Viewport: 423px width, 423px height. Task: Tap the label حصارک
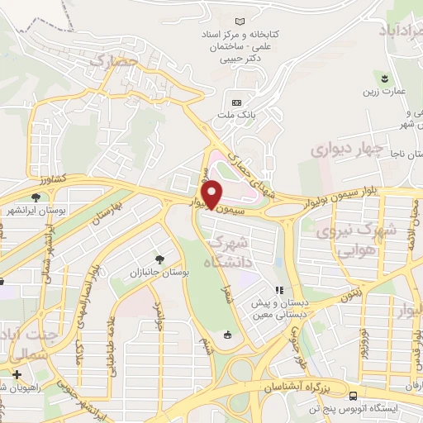coord(112,61)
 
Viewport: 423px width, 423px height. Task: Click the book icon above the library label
coord(240,21)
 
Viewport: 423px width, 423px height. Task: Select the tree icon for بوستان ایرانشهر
coord(36,197)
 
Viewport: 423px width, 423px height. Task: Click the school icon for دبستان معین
coord(279,291)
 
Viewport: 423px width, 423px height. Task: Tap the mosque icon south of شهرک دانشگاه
coord(226,335)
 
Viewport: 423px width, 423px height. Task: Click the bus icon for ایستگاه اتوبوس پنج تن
coord(353,396)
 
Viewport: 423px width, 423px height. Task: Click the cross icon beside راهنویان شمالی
coord(16,374)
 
